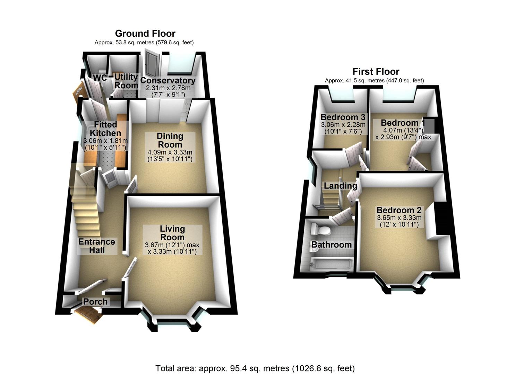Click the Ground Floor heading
pos(145,34)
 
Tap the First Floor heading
pos(376,72)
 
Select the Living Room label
pos(172,233)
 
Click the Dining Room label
pos(170,140)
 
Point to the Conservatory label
pos(168,80)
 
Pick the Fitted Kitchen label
pos(105,128)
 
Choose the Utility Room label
pos(126,81)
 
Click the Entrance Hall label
pos(97,246)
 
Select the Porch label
pos(95,302)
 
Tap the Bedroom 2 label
pos(399,210)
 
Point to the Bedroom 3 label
pos(343,117)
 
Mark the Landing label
pos(340,186)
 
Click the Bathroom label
pos(332,244)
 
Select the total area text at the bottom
pos(255,368)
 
